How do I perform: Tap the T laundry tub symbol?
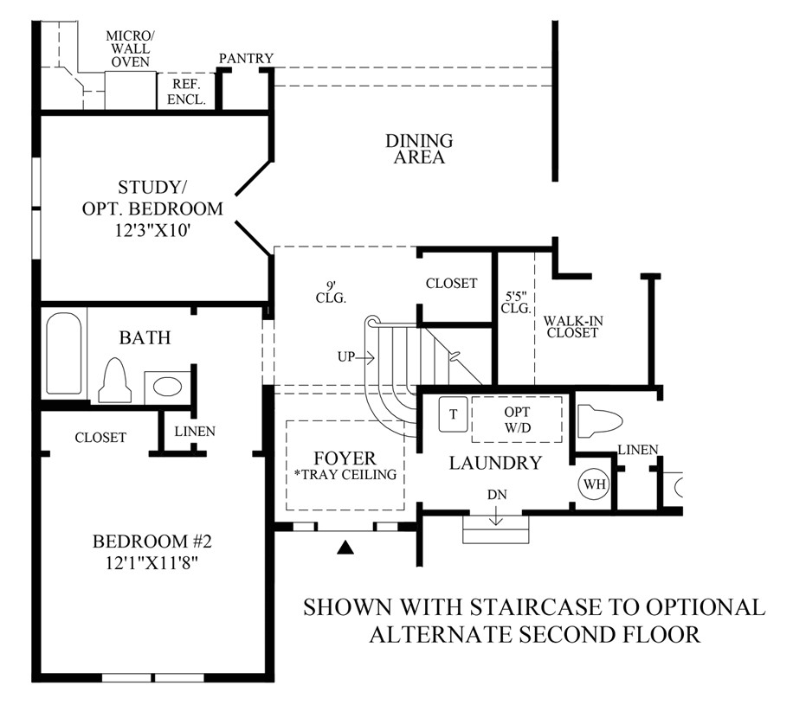(453, 414)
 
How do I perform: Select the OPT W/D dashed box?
(517, 420)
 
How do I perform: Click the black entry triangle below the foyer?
(346, 547)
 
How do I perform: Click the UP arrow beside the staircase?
(364, 358)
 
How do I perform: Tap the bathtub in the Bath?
(64, 353)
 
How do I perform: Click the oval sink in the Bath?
(167, 388)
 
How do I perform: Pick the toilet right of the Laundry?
(600, 419)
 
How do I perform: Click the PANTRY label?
(246, 58)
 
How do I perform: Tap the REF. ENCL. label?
(187, 92)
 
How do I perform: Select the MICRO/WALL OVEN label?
(131, 49)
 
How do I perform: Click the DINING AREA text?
(419, 149)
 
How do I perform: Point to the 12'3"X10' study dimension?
(152, 230)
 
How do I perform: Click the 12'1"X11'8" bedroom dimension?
(152, 562)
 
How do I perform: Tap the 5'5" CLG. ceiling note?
(516, 302)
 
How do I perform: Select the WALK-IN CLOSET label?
(573, 326)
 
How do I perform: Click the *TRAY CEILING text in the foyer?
(346, 475)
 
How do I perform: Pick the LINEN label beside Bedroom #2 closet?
(195, 431)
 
